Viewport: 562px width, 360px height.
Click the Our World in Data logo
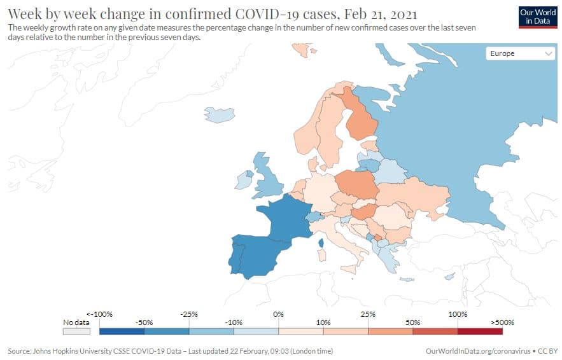click(x=538, y=17)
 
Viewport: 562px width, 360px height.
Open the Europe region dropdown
click(x=521, y=54)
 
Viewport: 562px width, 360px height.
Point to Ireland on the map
click(x=243, y=181)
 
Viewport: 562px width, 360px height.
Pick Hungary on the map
click(x=362, y=212)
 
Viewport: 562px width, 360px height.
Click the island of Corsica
click(x=321, y=242)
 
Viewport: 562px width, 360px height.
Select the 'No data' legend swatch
click(x=76, y=331)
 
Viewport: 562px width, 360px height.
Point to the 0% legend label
click(x=278, y=314)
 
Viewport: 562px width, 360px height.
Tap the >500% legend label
click(x=502, y=322)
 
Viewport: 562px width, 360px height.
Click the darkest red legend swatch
click(x=480, y=331)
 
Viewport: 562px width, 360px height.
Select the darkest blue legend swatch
click(x=122, y=331)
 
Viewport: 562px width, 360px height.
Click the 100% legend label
click(x=458, y=314)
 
